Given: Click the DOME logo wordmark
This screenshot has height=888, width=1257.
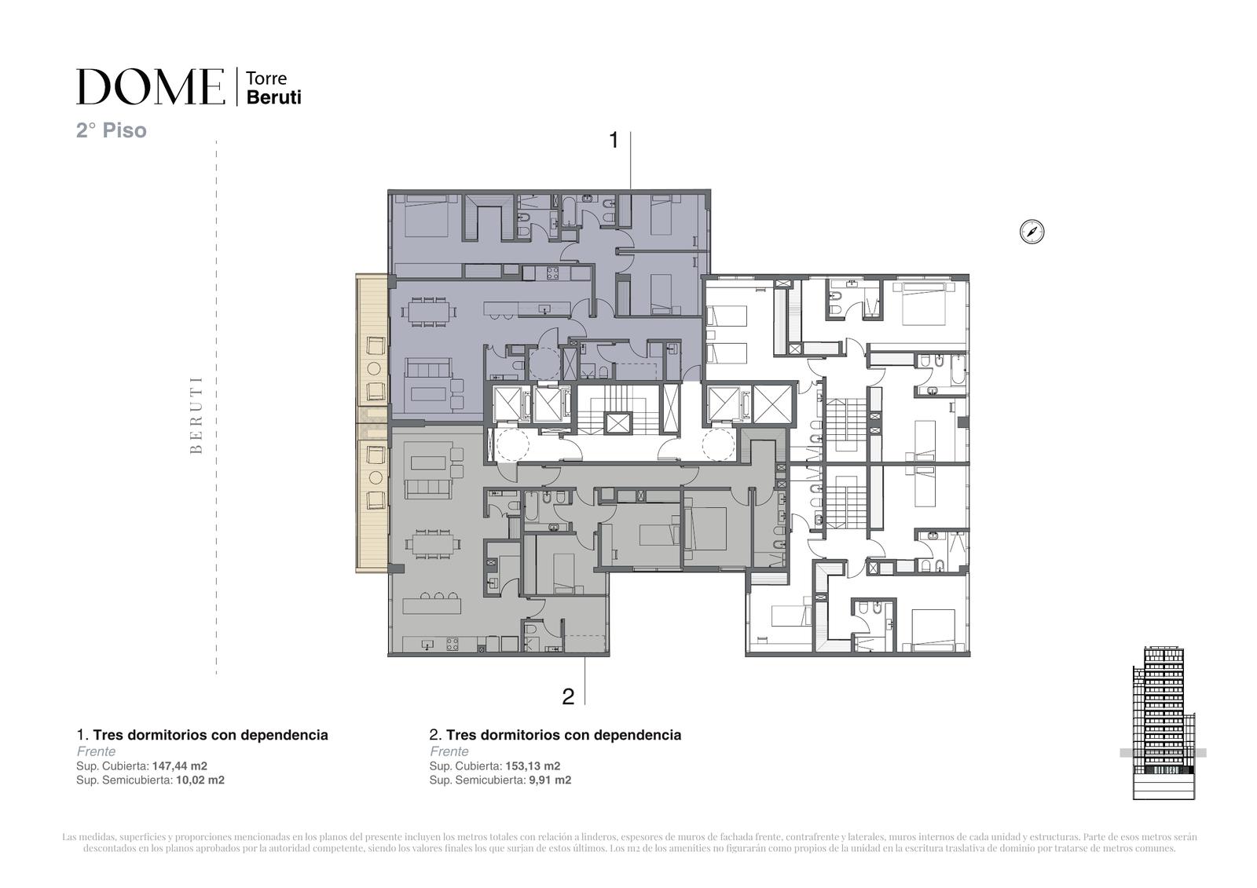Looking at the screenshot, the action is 150,86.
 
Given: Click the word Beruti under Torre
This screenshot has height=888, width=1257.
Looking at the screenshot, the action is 274,97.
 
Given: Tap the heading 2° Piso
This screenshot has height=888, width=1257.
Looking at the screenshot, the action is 111,130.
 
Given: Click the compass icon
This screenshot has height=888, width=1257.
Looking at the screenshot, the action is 1032,232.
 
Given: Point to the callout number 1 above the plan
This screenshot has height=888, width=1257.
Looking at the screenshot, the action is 614,141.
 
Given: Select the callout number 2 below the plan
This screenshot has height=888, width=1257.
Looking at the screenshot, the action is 568,696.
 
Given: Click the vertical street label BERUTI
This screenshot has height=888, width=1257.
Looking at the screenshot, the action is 196,415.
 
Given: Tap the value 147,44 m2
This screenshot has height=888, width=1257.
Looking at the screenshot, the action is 180,766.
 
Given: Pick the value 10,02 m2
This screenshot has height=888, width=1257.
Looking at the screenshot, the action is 200,780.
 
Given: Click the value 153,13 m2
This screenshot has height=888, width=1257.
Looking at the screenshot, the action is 533,766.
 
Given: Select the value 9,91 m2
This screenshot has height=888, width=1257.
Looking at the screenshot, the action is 550,780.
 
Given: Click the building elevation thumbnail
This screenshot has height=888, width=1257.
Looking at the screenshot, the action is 1164,723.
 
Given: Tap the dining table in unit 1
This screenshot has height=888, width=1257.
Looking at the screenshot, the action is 431,311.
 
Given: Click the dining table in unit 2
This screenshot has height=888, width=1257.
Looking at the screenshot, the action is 431,543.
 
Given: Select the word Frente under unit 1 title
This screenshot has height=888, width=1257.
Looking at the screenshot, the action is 96,751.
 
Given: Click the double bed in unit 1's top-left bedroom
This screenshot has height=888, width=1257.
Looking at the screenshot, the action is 426,216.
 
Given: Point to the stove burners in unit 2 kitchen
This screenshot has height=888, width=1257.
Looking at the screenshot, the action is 453,645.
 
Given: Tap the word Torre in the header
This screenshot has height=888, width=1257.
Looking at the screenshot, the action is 266,78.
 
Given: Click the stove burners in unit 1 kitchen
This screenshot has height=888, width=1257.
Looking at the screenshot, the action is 552,273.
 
